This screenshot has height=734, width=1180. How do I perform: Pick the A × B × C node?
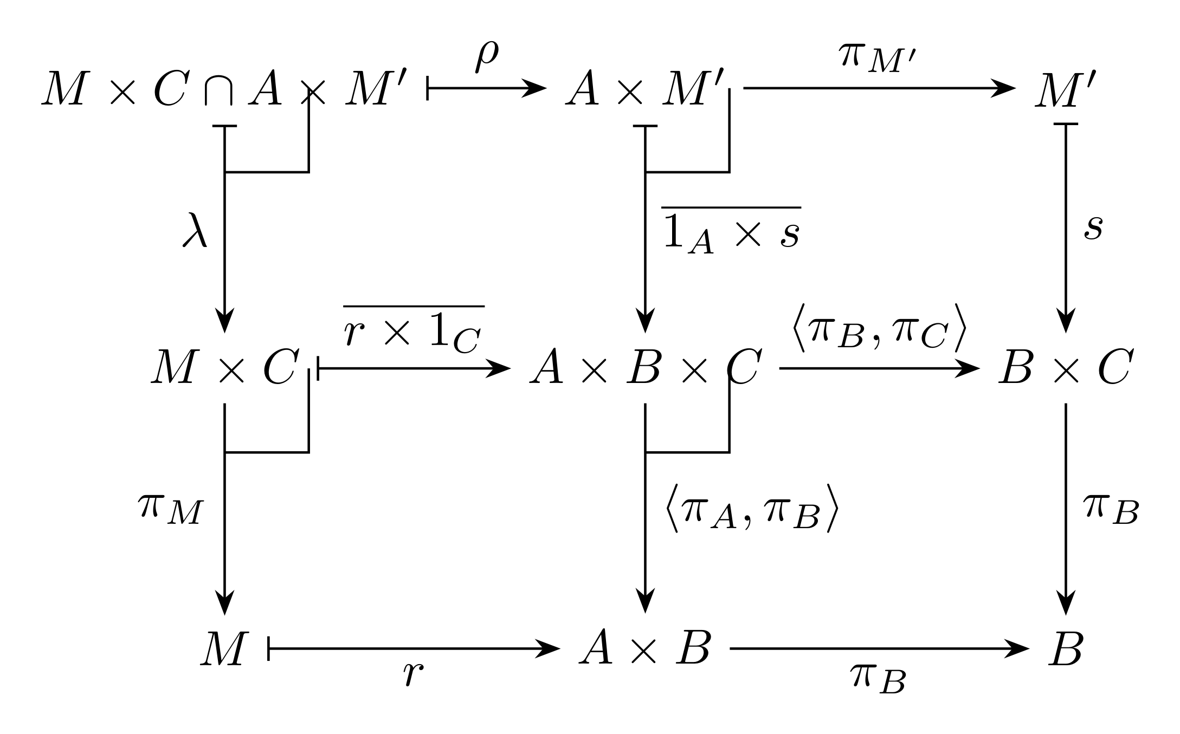point(646,368)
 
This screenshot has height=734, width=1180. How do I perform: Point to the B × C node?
point(1065,368)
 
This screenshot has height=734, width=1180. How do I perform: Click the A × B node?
point(644,648)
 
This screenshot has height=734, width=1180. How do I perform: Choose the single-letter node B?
point(1065,648)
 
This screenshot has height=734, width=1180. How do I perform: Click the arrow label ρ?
point(486,57)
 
